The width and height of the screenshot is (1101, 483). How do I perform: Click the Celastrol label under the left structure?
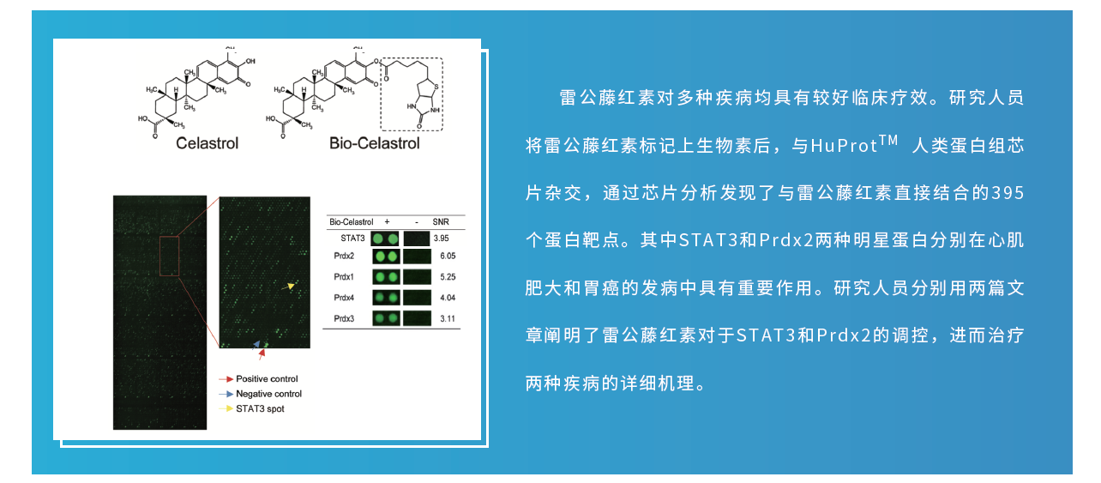tap(207, 143)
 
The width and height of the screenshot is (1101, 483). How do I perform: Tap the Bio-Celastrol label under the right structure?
tap(374, 143)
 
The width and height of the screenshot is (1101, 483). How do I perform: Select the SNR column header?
tap(441, 222)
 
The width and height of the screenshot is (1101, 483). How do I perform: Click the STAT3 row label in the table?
tap(352, 238)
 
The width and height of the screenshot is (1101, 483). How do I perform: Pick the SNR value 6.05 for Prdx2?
tap(448, 256)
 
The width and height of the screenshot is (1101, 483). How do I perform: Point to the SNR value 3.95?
tap(441, 238)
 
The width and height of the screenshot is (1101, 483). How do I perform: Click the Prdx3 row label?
tap(344, 319)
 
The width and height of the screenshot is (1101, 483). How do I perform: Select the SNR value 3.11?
tap(448, 319)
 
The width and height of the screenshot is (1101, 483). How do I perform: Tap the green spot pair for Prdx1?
tap(386, 277)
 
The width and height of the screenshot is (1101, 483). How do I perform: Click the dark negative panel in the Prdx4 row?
tap(417, 298)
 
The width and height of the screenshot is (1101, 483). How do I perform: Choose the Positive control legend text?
tap(267, 378)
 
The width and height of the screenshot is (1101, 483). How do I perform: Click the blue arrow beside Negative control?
tap(226, 394)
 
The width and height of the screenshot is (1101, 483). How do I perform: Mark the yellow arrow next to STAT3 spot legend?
tap(226, 408)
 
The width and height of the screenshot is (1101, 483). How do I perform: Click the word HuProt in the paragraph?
tap(844, 146)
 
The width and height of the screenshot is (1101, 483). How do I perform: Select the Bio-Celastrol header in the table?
tap(351, 222)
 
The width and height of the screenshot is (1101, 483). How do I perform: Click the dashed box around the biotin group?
tap(381, 94)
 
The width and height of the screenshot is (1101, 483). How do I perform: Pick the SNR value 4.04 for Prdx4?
tap(448, 298)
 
